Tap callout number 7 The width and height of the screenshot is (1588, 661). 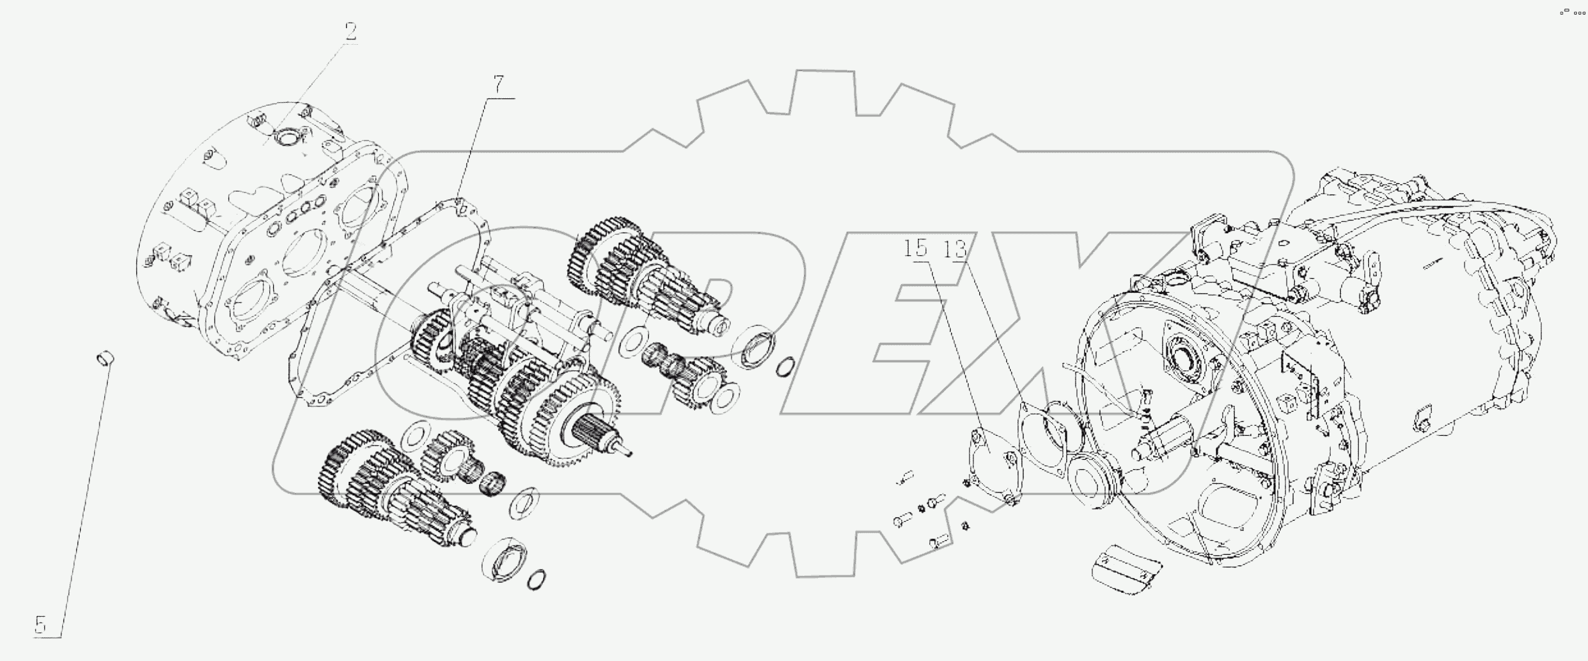point(498,86)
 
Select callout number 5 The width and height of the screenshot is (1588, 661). point(41,626)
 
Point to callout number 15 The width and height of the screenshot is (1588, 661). point(916,249)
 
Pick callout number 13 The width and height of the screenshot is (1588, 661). point(955,249)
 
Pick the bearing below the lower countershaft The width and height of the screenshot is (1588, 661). point(504,556)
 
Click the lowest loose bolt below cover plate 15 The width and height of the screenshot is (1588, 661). point(936,541)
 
